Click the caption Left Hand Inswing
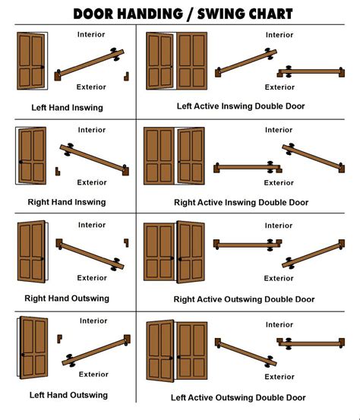[67, 108]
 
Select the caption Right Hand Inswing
[67, 202]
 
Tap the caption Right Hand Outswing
[68, 298]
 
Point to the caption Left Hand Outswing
[68, 395]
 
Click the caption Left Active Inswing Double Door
[241, 106]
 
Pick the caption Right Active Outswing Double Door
[244, 299]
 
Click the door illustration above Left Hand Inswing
[31, 60]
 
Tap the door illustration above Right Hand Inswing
[31, 156]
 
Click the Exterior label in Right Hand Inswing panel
[92, 182]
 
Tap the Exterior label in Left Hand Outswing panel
[93, 374]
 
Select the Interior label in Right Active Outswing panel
[279, 226]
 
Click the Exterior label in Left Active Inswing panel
[279, 87]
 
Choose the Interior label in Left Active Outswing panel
[279, 324]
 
